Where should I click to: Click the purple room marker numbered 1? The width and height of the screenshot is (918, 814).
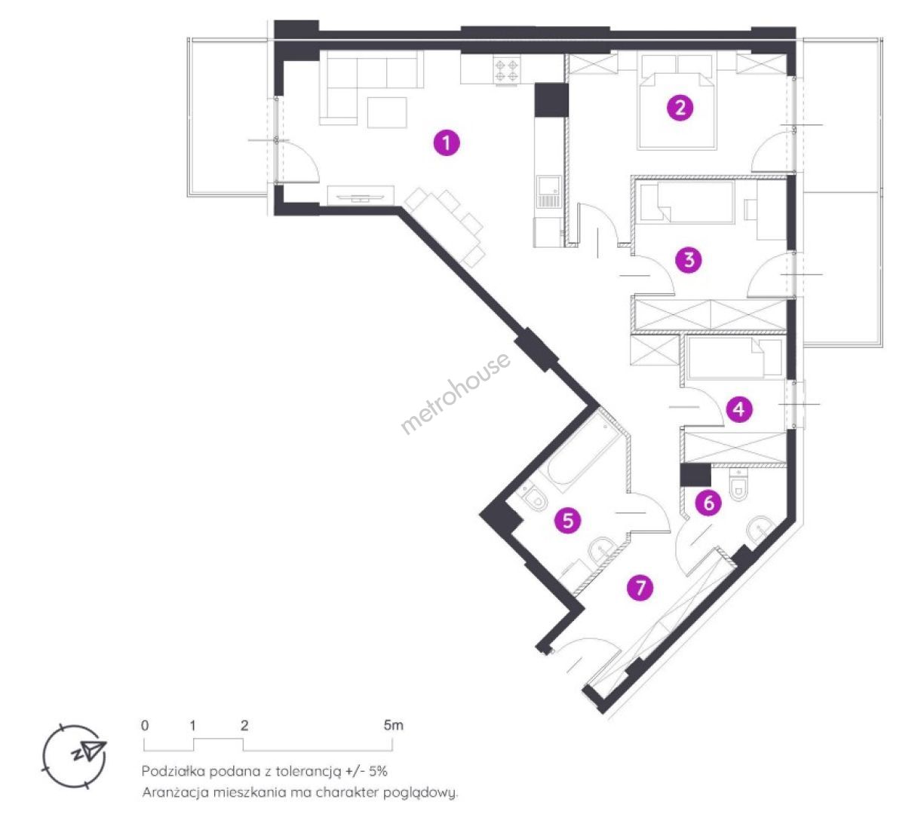click(446, 142)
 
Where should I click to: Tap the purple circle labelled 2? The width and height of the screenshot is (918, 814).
click(680, 108)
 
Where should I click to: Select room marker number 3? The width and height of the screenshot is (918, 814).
click(688, 260)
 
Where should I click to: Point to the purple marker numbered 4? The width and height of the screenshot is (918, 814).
click(738, 409)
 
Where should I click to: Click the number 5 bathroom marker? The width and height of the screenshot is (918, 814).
click(568, 521)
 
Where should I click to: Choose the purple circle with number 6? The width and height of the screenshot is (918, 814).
click(708, 503)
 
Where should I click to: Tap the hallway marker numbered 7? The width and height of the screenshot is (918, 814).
click(640, 588)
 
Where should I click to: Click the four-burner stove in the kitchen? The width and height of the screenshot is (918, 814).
click(507, 71)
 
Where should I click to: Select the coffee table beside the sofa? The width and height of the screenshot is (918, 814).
click(386, 112)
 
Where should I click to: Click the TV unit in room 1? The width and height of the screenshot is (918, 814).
click(361, 195)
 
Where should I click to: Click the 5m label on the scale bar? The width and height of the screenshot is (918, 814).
click(393, 725)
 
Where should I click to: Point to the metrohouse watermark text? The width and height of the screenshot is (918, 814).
click(456, 393)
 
